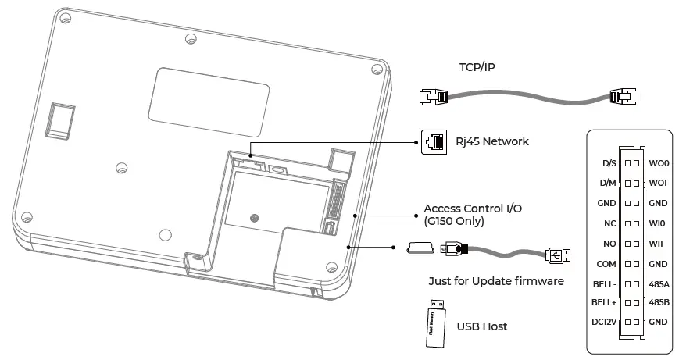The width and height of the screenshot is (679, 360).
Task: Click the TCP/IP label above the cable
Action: click(x=477, y=68)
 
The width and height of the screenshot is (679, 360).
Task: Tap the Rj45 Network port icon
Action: click(x=432, y=141)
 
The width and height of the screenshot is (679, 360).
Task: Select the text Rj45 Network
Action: click(x=492, y=141)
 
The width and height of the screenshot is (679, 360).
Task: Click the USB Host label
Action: click(x=482, y=326)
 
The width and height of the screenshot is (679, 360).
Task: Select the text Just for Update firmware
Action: click(x=496, y=281)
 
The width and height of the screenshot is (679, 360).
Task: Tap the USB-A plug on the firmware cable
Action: click(x=557, y=255)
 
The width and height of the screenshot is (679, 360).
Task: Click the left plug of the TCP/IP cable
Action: click(x=432, y=98)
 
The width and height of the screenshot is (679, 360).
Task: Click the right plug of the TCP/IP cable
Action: click(x=624, y=98)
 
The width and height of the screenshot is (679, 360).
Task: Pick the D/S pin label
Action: click(x=609, y=163)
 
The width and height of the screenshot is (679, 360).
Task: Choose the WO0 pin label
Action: click(x=658, y=163)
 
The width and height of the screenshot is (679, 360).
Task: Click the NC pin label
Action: click(x=609, y=223)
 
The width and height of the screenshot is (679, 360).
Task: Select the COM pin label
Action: click(x=606, y=264)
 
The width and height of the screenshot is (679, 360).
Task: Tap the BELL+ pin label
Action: click(x=604, y=301)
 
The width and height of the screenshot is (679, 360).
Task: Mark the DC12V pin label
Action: click(x=604, y=322)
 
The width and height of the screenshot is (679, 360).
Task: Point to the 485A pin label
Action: click(x=659, y=283)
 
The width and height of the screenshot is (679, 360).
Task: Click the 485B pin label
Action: click(x=659, y=301)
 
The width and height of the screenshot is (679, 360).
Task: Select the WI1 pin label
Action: click(x=657, y=244)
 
